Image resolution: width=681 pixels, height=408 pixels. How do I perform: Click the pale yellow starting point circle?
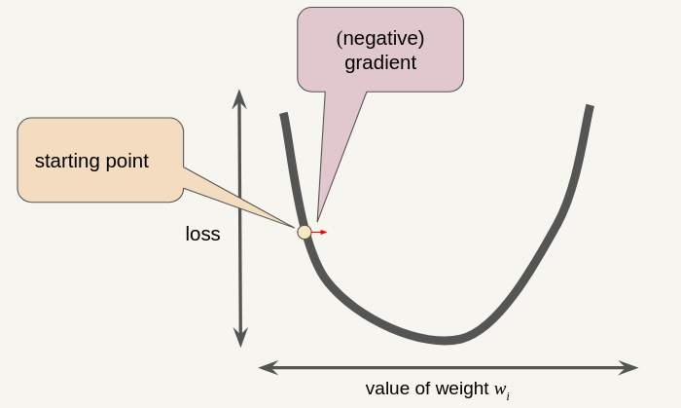(x=305, y=232)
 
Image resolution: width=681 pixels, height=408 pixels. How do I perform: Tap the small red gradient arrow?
(x=320, y=232)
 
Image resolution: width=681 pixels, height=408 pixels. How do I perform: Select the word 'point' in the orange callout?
(x=126, y=161)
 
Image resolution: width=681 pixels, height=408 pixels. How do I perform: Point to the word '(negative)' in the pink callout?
(x=380, y=38)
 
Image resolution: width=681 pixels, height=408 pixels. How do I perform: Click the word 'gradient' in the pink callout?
(x=380, y=62)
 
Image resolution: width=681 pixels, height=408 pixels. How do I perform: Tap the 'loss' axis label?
(x=202, y=234)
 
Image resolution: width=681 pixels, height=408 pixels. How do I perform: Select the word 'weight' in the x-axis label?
(x=463, y=388)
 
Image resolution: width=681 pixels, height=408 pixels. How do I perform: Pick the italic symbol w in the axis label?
(x=500, y=389)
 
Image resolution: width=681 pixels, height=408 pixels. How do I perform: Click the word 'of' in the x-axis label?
(x=423, y=388)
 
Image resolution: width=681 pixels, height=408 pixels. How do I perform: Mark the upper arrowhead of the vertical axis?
(x=239, y=97)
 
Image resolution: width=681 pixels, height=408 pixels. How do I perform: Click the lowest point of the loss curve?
(x=445, y=341)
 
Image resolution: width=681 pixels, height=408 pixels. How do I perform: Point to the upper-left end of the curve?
(x=283, y=116)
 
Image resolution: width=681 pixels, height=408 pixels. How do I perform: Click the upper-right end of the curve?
(x=590, y=107)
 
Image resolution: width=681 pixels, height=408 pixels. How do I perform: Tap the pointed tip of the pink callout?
(x=318, y=220)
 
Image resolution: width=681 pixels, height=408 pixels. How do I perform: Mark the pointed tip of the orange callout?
(x=295, y=227)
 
